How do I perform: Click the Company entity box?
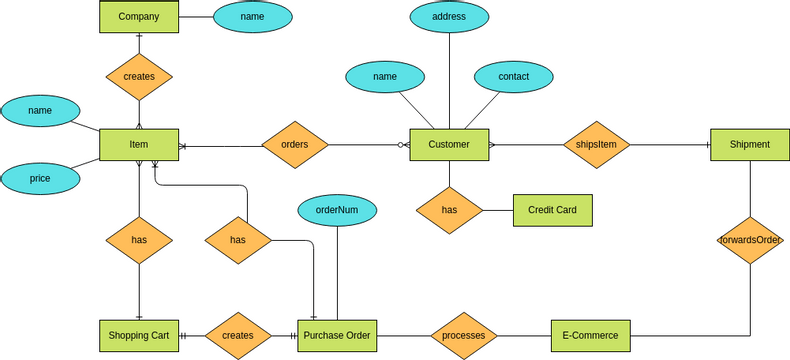[139, 17]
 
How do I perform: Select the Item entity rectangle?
[139, 145]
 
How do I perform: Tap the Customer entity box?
[449, 145]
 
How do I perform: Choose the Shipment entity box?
[750, 145]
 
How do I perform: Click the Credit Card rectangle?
[552, 210]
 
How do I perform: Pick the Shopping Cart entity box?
[139, 335]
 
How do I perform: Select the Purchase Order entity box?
[337, 335]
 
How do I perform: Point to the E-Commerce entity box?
[590, 335]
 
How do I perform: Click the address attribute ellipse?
[449, 17]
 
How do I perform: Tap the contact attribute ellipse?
[514, 76]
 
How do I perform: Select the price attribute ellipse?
[40, 178]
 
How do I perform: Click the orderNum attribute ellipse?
[337, 210]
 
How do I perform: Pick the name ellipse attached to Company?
[253, 17]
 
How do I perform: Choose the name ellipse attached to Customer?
[385, 76]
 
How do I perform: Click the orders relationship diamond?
[295, 145]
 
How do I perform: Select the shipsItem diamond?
[597, 145]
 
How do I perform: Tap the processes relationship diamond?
[464, 335]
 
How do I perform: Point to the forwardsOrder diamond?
[750, 240]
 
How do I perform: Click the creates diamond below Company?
[139, 76]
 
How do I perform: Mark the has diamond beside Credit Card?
[449, 210]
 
